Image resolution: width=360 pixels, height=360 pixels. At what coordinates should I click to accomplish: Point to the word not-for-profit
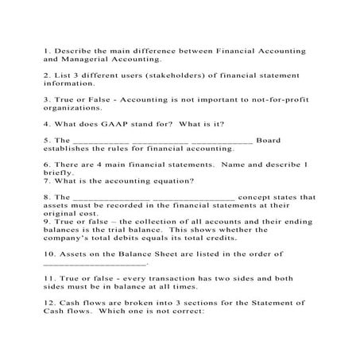pos(273,99)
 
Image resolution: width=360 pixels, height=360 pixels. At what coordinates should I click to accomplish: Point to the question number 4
pos(46,123)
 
